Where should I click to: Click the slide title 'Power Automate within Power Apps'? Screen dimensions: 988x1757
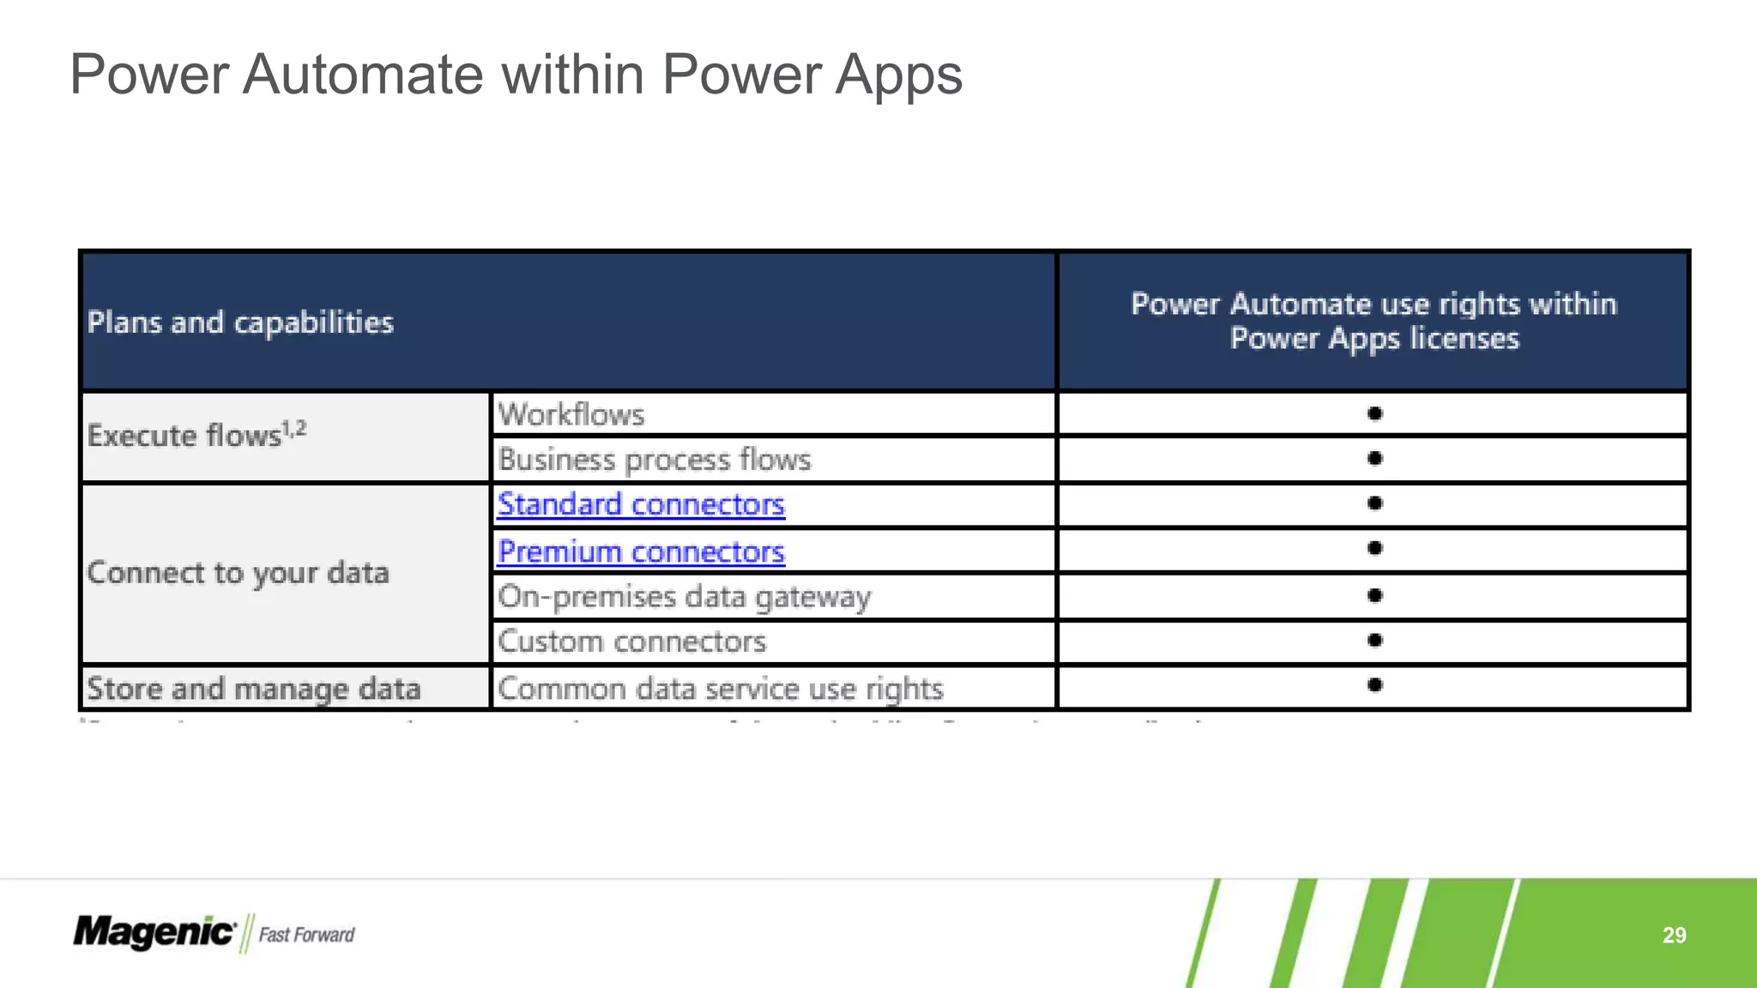click(x=516, y=75)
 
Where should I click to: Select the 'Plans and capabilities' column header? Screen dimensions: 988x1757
click(x=240, y=322)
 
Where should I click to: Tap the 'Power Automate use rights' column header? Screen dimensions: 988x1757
click(x=1374, y=321)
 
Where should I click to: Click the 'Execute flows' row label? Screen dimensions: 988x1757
click(x=196, y=435)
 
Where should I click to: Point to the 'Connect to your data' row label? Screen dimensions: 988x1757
click(x=238, y=573)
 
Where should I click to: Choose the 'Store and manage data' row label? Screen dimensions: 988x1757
click(x=254, y=689)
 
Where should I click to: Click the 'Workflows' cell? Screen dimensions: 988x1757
click(x=571, y=415)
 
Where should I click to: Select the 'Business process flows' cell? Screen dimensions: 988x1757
click(x=655, y=460)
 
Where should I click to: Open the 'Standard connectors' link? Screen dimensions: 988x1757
click(x=641, y=504)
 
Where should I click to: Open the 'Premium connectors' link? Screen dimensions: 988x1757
click(x=641, y=551)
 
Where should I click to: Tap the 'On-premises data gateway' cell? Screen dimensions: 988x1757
click(x=684, y=597)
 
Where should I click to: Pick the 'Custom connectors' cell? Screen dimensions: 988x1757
click(x=631, y=642)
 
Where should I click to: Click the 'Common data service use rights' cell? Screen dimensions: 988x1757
click(x=721, y=689)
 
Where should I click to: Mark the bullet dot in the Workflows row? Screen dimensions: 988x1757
click(x=1374, y=414)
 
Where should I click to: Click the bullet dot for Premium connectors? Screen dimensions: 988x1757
click(x=1374, y=548)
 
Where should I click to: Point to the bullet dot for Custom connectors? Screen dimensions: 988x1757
click(x=1374, y=640)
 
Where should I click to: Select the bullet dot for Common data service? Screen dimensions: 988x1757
click(x=1374, y=684)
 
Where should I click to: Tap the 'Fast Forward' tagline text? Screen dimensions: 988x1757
click(x=306, y=935)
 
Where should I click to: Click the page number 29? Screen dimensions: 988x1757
click(x=1674, y=935)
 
